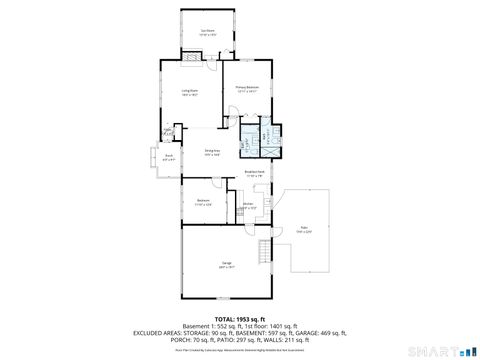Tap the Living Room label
tap(189, 93)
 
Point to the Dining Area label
tap(212, 152)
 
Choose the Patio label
tap(303, 230)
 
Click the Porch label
tap(169, 156)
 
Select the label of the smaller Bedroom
tap(203, 202)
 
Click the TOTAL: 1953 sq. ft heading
tap(240, 318)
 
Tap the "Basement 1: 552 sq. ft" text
tap(198, 326)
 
